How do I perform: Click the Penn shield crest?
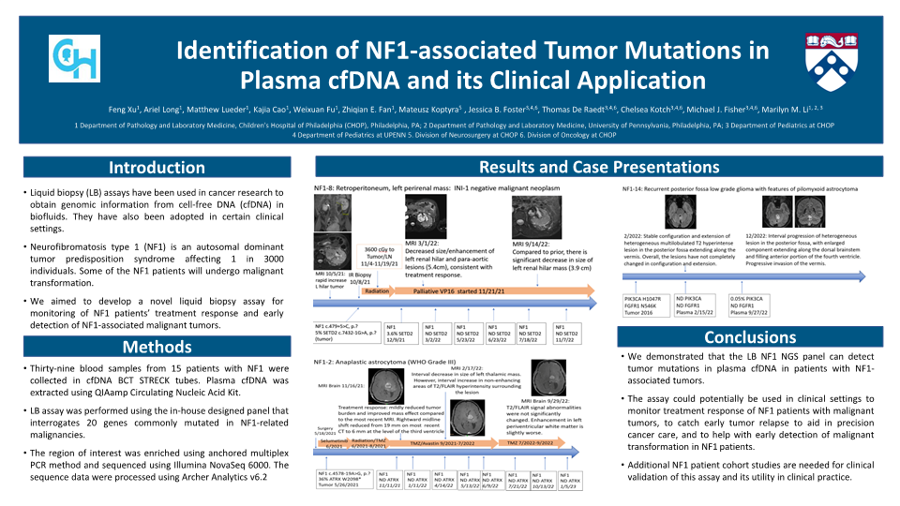pyautogui.click(x=830, y=58)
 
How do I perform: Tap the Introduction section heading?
pyautogui.click(x=157, y=168)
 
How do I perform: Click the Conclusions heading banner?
pyautogui.click(x=749, y=336)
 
